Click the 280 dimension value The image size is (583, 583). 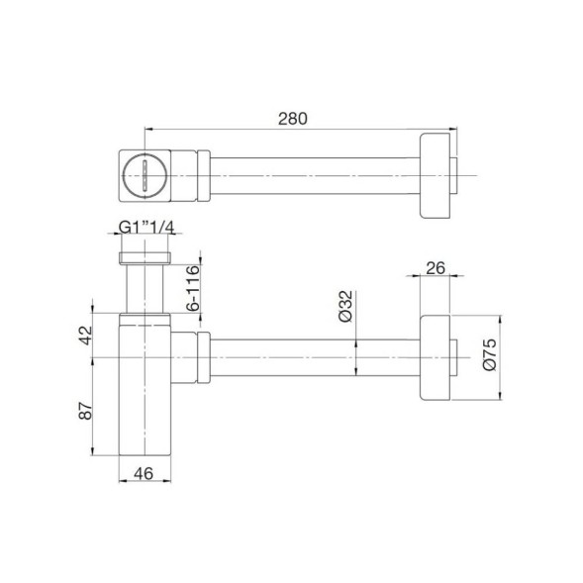pos(294,118)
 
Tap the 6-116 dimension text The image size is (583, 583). pos(194,287)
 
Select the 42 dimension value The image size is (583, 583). pos(86,335)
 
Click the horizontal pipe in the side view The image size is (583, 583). pos(317,358)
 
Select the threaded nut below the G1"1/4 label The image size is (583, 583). pos(146,258)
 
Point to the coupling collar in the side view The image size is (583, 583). pos(198,358)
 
